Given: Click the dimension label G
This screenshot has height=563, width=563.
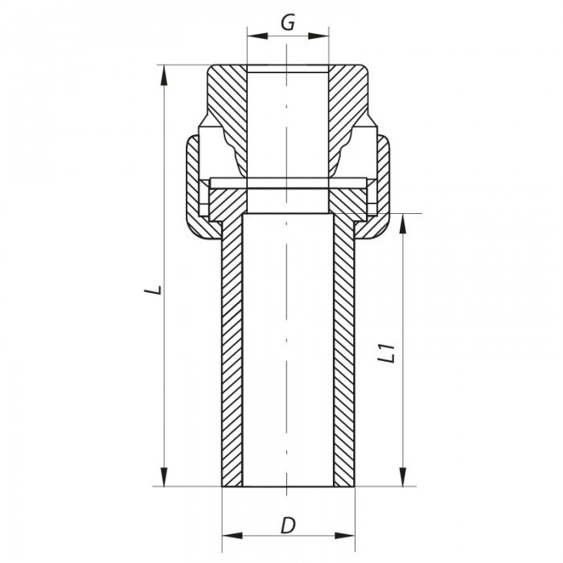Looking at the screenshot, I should pyautogui.click(x=287, y=23).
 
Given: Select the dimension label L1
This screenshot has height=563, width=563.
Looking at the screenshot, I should pyautogui.click(x=387, y=354).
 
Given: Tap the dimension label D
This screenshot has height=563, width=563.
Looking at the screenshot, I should pyautogui.click(x=287, y=526).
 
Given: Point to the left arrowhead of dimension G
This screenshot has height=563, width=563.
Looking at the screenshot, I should pyautogui.click(x=252, y=35).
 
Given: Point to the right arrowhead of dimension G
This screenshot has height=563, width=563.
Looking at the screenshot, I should pyautogui.click(x=323, y=35).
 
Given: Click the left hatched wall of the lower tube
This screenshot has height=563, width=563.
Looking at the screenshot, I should pyautogui.click(x=232, y=354).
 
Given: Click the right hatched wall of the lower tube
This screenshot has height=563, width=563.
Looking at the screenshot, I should pyautogui.click(x=344, y=354).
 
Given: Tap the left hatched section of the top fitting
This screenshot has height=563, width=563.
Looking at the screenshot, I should pyautogui.click(x=229, y=97).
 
